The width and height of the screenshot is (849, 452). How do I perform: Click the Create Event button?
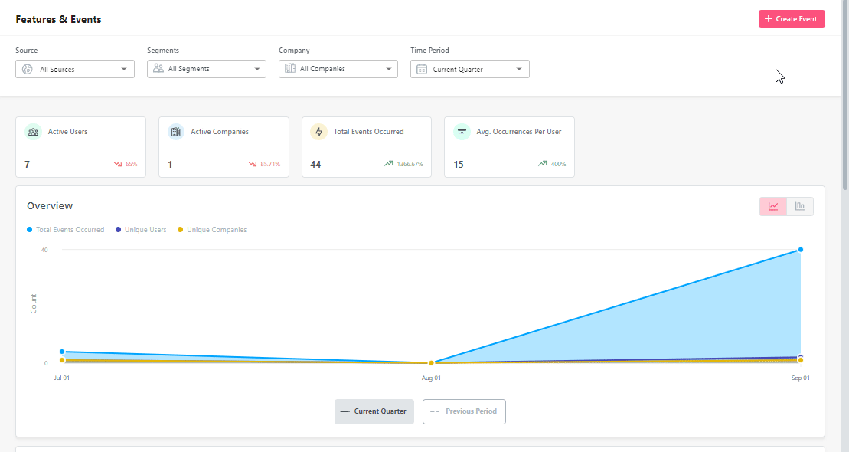click(792, 19)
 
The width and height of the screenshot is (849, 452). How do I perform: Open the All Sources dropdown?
click(75, 69)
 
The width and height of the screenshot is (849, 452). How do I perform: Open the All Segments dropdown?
click(207, 69)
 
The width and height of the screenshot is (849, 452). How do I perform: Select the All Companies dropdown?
click(338, 69)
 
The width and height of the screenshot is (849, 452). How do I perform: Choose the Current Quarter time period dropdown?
click(470, 69)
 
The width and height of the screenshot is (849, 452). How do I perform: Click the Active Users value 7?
click(28, 164)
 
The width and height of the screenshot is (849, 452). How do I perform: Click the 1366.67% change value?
click(409, 164)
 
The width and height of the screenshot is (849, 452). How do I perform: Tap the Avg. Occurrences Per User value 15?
click(459, 164)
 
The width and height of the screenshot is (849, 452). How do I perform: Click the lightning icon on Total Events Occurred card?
click(318, 132)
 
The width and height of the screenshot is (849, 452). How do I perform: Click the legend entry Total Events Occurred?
click(70, 230)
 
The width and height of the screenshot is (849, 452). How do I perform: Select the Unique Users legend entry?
click(145, 230)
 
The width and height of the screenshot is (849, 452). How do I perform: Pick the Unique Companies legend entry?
click(216, 230)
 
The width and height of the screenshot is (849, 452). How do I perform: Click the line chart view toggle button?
click(773, 206)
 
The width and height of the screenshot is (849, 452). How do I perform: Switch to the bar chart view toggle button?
click(800, 206)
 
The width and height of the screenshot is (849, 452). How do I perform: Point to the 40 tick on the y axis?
click(44, 250)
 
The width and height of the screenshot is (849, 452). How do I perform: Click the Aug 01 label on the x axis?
click(432, 378)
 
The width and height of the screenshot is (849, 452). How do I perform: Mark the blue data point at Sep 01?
click(801, 250)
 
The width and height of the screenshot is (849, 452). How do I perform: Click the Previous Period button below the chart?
click(464, 411)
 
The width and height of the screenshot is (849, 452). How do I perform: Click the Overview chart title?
click(50, 205)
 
